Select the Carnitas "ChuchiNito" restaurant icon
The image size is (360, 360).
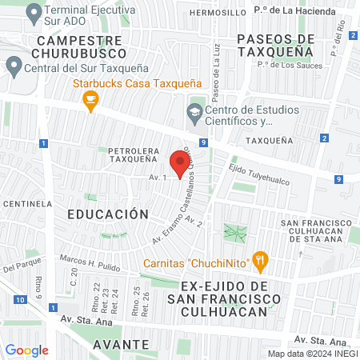tap(259, 259)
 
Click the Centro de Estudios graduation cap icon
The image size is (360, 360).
tap(194, 112)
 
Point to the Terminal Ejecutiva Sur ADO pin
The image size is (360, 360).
tap(34, 12)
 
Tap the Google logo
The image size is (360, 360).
tap(26, 350)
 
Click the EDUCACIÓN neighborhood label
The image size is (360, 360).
tap(108, 214)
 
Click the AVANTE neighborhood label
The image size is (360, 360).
tap(121, 344)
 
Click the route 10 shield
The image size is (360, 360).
tap(18, 299)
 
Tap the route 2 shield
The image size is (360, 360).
tap(323, 138)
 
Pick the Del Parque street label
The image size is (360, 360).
tap(20, 265)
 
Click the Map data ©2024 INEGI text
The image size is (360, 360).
tap(311, 353)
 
